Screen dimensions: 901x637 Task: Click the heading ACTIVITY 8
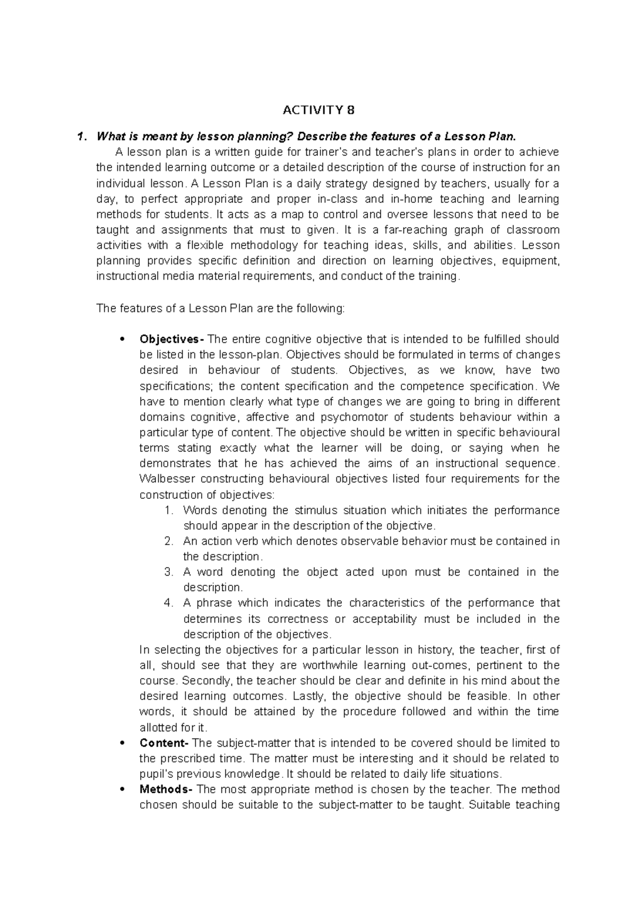(x=318, y=110)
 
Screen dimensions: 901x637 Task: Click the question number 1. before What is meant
(x=81, y=137)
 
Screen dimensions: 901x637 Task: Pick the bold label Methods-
(x=166, y=789)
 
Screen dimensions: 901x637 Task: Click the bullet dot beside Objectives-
(x=122, y=339)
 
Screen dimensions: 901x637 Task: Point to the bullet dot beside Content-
(x=122, y=743)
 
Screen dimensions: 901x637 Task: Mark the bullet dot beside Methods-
(x=122, y=789)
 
